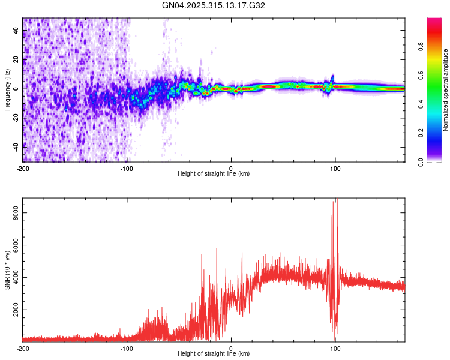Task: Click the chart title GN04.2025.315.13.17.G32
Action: point(214,5)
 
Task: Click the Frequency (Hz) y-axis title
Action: point(7,89)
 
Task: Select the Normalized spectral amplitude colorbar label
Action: point(446,90)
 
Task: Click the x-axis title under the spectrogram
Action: point(214,174)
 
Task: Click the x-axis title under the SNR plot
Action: point(214,354)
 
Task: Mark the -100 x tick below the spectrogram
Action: point(127,168)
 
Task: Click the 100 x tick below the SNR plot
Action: point(336,348)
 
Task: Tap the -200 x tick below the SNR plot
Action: point(22,348)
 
